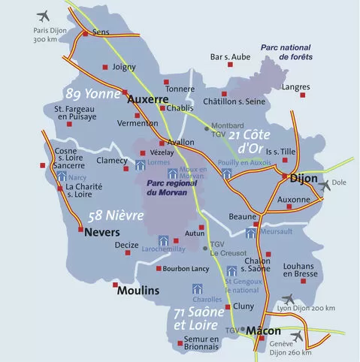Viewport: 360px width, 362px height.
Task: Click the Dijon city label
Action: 302,179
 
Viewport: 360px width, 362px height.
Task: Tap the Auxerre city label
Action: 147,99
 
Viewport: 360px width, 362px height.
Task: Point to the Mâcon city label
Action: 264,330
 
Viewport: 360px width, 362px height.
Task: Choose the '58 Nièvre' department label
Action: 116,216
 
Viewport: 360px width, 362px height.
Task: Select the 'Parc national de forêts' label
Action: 286,52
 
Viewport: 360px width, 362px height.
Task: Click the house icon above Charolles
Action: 198,288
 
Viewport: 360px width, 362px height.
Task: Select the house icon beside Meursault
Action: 250,233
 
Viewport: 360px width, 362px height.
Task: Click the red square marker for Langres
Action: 304,96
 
